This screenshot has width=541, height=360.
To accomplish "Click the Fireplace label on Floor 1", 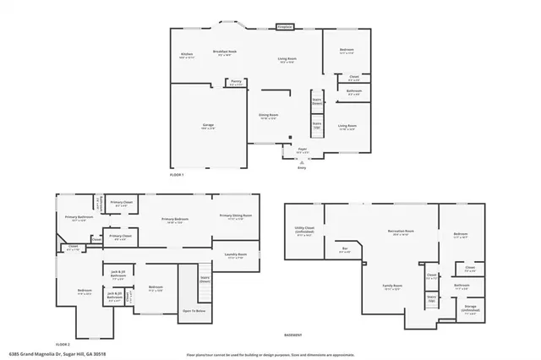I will tap(286, 27).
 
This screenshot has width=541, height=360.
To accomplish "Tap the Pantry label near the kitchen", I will tap(235, 83).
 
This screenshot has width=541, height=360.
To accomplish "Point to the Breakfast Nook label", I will tap(225, 52).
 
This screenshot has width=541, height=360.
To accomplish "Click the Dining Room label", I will tap(269, 116).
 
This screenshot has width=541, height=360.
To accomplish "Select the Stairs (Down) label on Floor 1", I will tap(318, 101).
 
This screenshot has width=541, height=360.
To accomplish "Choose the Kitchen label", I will tap(187, 56).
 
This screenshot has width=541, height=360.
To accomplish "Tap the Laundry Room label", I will tap(236, 254).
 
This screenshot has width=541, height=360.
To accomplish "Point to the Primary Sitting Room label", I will tap(236, 216).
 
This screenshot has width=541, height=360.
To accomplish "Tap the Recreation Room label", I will tap(401, 232).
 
